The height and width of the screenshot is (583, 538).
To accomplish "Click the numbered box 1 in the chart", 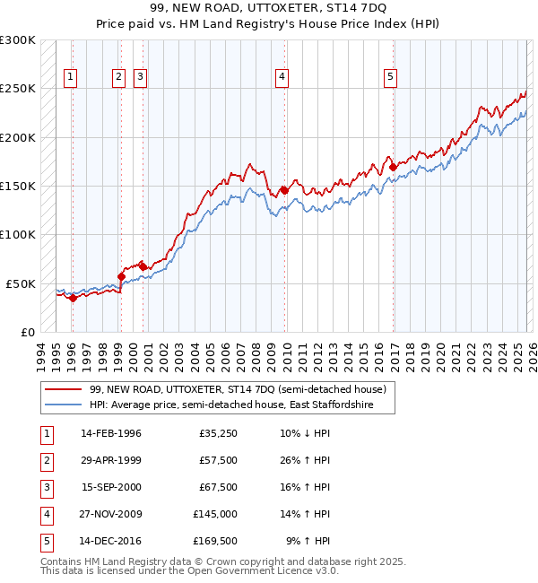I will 71,78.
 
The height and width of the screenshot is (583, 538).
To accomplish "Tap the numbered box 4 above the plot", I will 282,78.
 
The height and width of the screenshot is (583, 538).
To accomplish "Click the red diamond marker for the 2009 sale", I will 284,190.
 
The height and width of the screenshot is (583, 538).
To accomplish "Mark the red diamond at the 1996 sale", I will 73,299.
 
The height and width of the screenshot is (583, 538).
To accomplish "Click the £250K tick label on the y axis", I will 18,89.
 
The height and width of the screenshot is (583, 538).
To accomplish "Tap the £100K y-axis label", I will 18,234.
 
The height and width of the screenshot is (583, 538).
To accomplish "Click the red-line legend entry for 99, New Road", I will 238,389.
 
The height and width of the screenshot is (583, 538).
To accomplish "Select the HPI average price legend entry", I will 242,405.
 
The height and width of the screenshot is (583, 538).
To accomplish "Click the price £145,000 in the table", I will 215,514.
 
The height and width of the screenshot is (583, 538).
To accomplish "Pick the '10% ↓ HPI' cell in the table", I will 305,433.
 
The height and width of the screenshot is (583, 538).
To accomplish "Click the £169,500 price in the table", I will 215,541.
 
